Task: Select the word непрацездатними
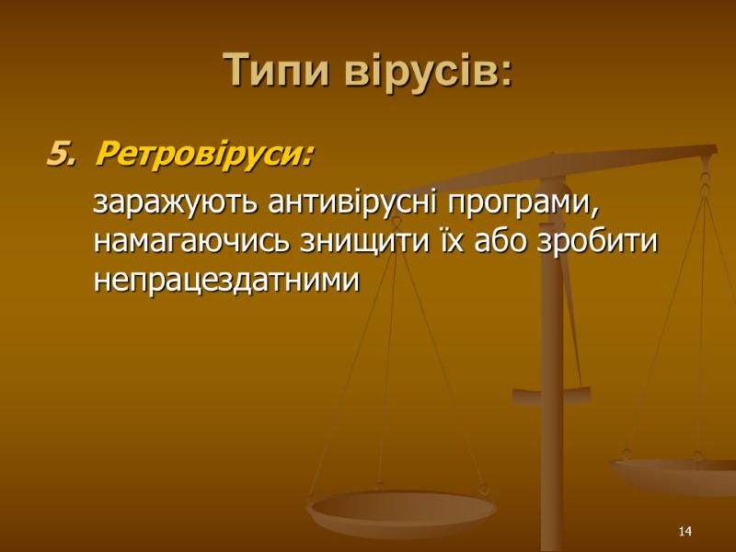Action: coord(224,282)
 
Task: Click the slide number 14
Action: coord(684,533)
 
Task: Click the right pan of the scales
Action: coord(676,474)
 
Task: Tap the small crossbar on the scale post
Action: coord(552,397)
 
